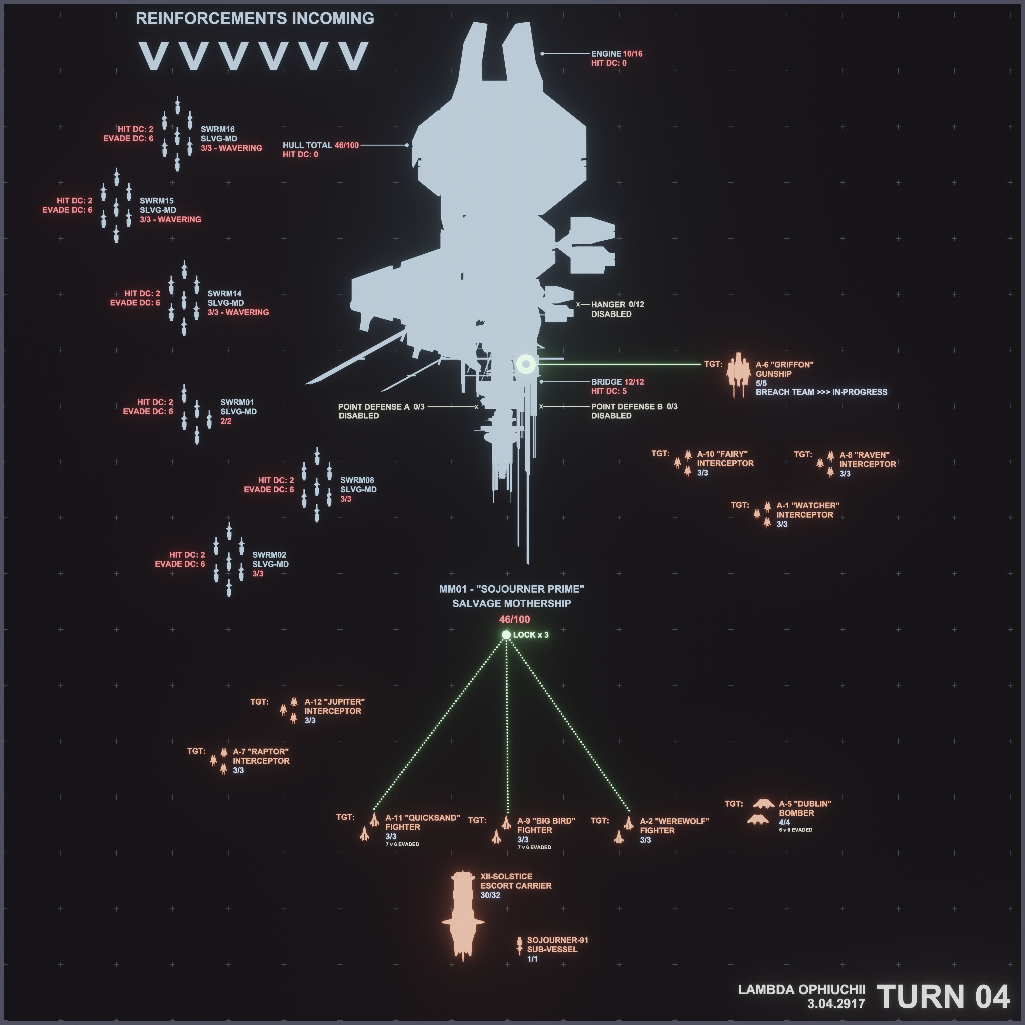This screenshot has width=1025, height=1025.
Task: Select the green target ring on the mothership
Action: coord(526,364)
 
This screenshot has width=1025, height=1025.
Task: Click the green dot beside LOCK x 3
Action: coord(506,635)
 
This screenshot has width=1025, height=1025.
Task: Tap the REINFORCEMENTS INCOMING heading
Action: coord(255,18)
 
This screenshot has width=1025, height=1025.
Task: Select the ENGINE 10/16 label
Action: coord(617,54)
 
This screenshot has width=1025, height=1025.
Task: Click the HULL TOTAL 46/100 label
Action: coord(321,145)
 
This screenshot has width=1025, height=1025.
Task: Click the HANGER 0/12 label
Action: coord(617,304)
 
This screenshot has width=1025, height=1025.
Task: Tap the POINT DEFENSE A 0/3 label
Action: coord(381,407)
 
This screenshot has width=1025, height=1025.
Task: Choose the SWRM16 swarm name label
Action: coord(218,129)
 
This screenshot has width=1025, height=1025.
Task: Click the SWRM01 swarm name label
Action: coord(237,402)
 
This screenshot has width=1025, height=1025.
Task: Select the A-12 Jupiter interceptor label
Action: coord(334,702)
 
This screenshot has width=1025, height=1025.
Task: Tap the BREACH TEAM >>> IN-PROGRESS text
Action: coord(821,392)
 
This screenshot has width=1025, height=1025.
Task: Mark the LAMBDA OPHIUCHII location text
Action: coord(801,990)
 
